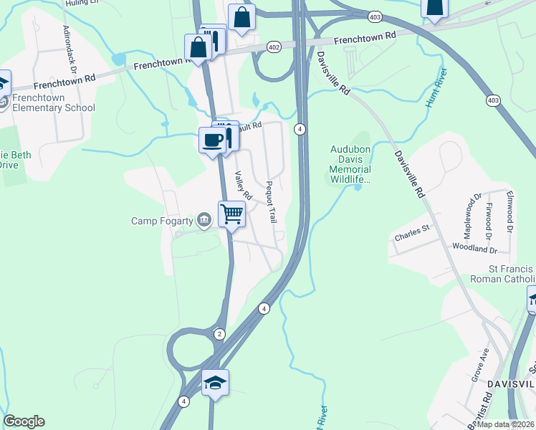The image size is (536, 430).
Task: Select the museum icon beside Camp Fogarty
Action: pos(204,219)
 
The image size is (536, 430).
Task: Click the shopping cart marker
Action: pos(231,213)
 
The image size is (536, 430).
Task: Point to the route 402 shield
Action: pos(273,47)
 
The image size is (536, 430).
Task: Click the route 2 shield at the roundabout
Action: pos(219,334)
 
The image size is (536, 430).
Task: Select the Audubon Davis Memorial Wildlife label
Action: pos(350,164)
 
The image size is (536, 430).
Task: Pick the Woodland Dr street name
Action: pos(474,249)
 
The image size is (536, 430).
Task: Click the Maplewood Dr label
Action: pos(468,216)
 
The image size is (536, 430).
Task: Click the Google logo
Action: pos(24,421)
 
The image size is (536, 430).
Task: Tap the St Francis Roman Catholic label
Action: pos(502,273)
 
